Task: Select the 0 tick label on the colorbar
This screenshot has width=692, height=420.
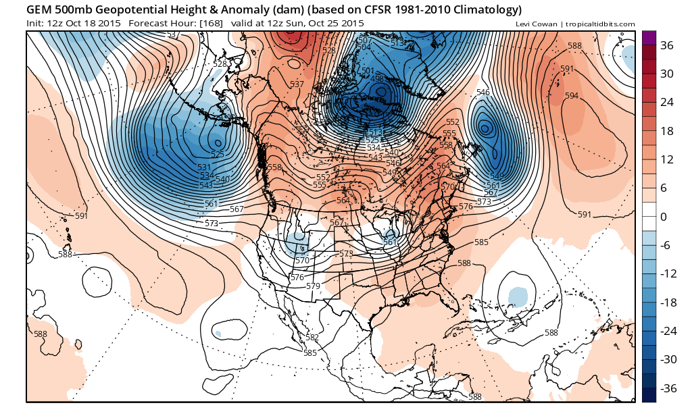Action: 664,217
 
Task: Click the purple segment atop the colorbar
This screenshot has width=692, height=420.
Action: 648,37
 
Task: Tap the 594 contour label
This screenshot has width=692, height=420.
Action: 572,96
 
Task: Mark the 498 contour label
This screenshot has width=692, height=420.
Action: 378,78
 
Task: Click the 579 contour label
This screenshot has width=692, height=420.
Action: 313,286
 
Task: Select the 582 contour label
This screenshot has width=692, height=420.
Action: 312,338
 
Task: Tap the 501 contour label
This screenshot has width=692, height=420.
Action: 368,71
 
